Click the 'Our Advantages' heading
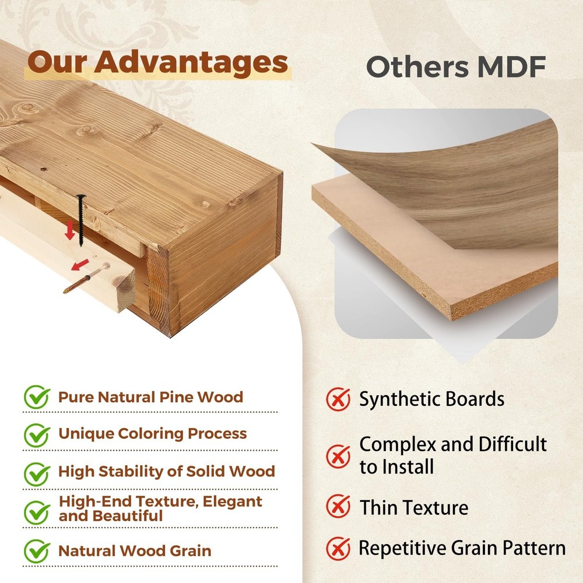click(157, 62)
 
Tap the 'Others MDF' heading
click(456, 67)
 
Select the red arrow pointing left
click(80, 265)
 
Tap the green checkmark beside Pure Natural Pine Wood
click(37, 396)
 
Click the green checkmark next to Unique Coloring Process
click(37, 435)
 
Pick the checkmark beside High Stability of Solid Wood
click(37, 473)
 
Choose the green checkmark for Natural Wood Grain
click(37, 551)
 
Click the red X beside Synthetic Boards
click(338, 399)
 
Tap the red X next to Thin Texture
click(338, 506)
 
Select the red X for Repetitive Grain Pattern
click(338, 549)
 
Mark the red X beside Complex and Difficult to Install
click(338, 456)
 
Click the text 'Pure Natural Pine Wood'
click(150, 397)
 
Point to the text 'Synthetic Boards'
click(431, 399)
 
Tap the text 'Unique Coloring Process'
click(152, 434)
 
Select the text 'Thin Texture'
click(414, 508)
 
